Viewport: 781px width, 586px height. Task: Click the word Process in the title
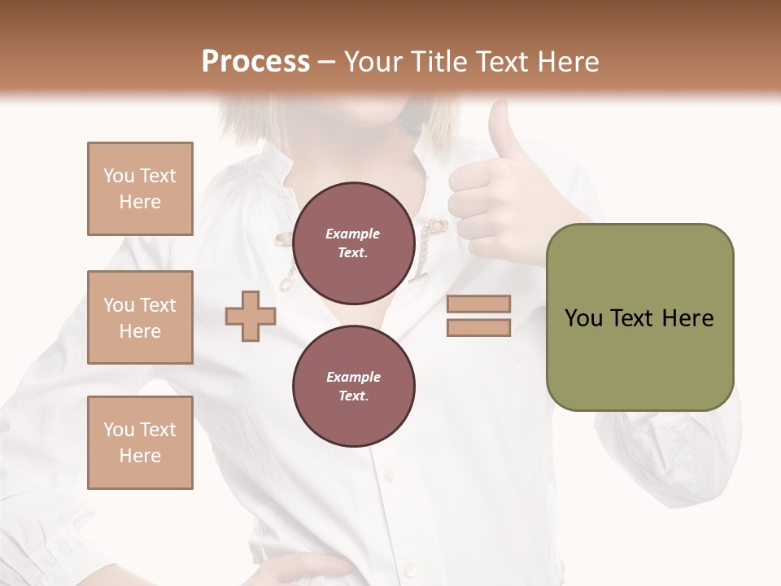click(255, 61)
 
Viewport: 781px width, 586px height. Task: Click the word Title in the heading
click(438, 61)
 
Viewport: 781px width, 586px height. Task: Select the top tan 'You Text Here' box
click(140, 189)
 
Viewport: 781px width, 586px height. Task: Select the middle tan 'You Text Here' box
click(140, 317)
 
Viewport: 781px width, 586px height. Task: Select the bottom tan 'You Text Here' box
click(140, 442)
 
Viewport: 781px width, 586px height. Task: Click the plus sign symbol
click(250, 317)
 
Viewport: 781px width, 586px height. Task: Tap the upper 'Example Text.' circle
click(353, 243)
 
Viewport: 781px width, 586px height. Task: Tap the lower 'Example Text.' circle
click(353, 387)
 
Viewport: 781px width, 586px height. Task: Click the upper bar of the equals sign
click(478, 304)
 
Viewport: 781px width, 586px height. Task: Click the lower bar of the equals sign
click(478, 328)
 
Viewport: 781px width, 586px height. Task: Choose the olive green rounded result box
click(639, 317)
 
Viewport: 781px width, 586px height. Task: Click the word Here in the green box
click(687, 318)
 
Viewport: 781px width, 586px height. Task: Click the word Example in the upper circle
click(353, 234)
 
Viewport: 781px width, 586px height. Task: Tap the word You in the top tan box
click(119, 176)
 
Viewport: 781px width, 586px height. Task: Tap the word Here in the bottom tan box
click(140, 456)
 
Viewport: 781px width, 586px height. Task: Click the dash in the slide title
click(326, 62)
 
